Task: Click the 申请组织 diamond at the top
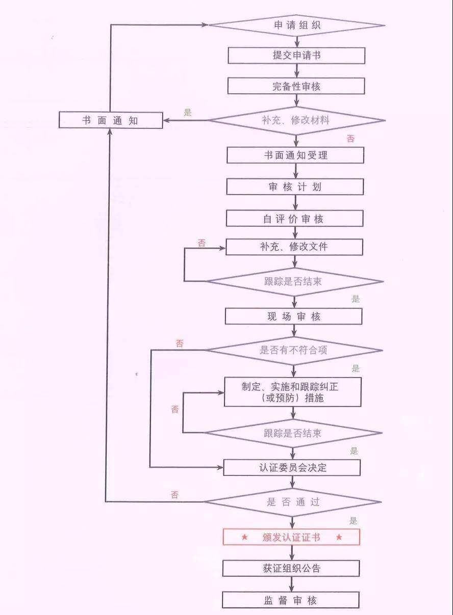click(297, 25)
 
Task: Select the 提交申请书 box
click(296, 56)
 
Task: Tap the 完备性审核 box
click(296, 86)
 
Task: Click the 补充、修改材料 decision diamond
click(297, 121)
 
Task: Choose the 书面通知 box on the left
click(111, 121)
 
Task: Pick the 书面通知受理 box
click(295, 155)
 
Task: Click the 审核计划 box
click(295, 187)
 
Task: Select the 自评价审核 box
click(295, 219)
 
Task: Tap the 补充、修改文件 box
click(294, 247)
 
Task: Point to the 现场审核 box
click(294, 316)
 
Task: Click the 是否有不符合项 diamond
click(293, 350)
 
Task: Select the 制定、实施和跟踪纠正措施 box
click(293, 392)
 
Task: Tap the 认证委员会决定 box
click(292, 467)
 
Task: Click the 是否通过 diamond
click(293, 502)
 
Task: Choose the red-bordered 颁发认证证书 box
click(291, 537)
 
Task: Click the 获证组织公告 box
click(291, 568)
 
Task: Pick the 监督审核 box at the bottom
click(291, 600)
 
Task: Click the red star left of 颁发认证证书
click(244, 537)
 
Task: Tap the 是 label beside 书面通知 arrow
click(188, 113)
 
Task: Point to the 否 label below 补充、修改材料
click(350, 139)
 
